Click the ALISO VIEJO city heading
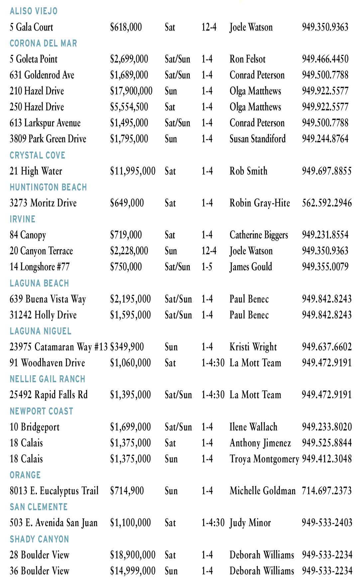34,11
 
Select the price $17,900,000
131,91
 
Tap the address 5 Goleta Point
34,59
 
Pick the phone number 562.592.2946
327,203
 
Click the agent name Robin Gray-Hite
260,203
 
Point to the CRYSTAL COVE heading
37,155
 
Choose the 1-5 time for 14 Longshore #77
207,267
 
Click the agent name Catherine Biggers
259,235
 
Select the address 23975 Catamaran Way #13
59,347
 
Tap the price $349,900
127,347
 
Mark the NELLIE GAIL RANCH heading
48,379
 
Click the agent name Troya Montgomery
264,459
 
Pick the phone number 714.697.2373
327,491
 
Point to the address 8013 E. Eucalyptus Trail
54,491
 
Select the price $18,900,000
133,555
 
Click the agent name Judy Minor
250,523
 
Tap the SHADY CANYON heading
39,539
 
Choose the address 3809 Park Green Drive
48,139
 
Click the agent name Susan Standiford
258,139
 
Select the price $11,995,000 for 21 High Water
133,171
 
